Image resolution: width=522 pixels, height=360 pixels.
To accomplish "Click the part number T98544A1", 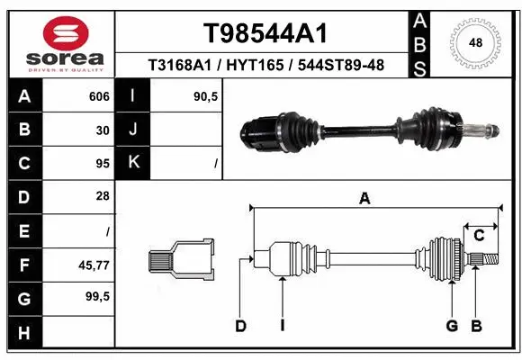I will (263, 33).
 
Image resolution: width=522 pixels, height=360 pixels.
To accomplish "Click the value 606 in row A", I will (99, 94).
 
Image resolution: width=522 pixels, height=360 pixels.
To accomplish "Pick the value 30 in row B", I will (103, 130).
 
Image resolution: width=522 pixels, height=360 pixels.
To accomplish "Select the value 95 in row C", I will (103, 164).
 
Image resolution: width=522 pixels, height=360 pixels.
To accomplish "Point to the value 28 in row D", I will (103, 196).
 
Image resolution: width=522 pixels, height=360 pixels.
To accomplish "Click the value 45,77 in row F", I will (94, 265).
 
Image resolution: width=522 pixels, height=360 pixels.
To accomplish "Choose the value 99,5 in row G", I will (96, 297).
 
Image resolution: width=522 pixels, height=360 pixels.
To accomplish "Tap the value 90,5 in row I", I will (206, 94).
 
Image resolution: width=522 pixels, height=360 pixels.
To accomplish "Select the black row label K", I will (133, 163).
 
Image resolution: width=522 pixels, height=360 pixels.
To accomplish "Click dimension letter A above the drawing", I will (364, 199).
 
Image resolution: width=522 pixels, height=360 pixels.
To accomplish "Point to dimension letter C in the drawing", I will (480, 235).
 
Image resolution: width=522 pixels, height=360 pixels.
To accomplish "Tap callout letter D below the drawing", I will (240, 326).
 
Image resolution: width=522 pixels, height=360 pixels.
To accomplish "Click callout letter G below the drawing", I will (452, 326).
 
